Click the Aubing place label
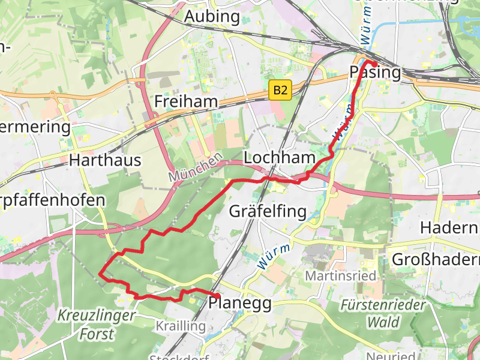(212, 16)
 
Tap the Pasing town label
(375, 73)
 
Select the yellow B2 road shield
(280, 91)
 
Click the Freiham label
(185, 101)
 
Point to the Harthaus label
(105, 160)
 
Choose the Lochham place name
(280, 158)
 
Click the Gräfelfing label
(268, 211)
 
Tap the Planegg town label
(240, 303)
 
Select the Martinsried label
(340, 276)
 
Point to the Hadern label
(449, 228)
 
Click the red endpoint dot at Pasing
(374, 64)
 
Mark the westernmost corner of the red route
(99, 274)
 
